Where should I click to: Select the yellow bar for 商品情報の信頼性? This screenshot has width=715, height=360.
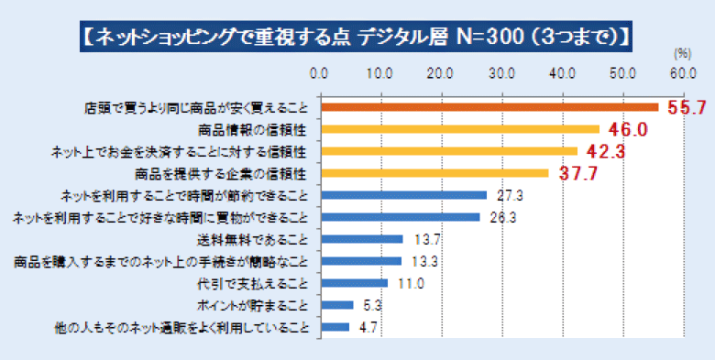(458, 129)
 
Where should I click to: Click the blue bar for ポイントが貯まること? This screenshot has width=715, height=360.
(335, 305)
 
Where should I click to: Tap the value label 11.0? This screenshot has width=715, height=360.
(409, 283)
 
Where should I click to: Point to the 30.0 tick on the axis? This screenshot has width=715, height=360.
(501, 73)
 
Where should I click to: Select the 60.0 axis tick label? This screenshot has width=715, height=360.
(683, 73)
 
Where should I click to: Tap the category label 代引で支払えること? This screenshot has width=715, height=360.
(254, 283)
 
